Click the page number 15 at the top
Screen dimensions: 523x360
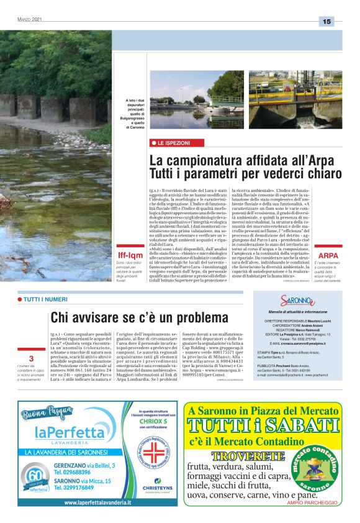[x=326, y=22]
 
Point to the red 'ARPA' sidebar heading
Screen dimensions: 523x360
[x=328, y=255]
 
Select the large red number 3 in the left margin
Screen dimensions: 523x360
[x=31, y=359]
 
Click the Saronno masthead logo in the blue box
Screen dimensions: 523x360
[x=297, y=302]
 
